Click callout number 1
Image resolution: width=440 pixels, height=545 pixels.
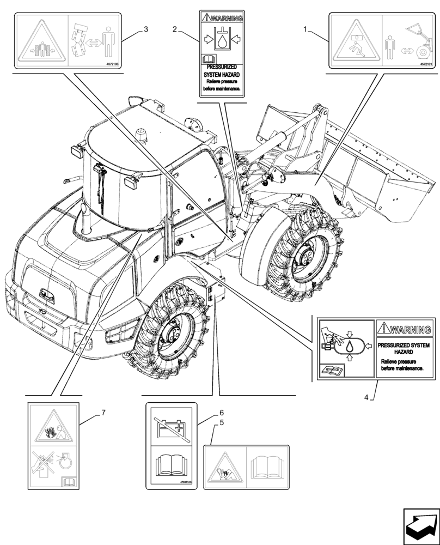(x=305, y=29)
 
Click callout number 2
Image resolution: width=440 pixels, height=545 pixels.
(x=174, y=29)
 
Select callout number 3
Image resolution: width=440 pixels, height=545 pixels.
(x=145, y=29)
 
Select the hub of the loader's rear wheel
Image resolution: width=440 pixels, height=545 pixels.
(x=176, y=334)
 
